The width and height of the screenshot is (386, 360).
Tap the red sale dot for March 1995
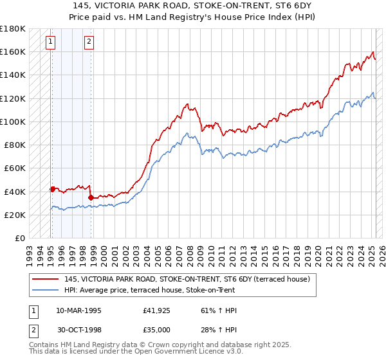[x=52, y=188]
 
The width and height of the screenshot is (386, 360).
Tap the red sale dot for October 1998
[x=91, y=197]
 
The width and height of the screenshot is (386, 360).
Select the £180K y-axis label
[x=13, y=29]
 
